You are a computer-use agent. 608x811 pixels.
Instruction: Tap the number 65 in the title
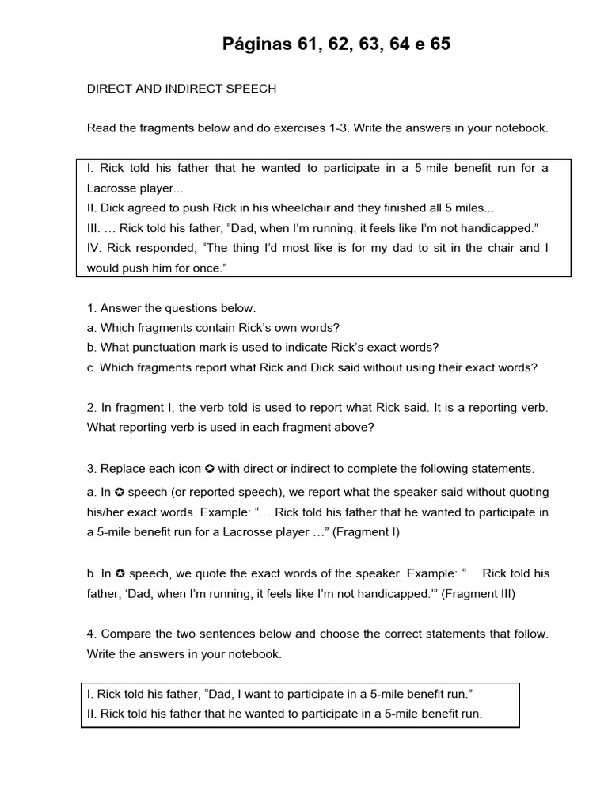[440, 44]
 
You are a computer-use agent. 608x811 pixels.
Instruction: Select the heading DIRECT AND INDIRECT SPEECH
[181, 89]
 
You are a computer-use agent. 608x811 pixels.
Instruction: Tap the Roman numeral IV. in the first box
[94, 248]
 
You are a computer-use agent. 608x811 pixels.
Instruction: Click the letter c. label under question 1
[92, 367]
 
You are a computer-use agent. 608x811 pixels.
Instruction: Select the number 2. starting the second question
[92, 408]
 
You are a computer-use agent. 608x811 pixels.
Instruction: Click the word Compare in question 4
[125, 634]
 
